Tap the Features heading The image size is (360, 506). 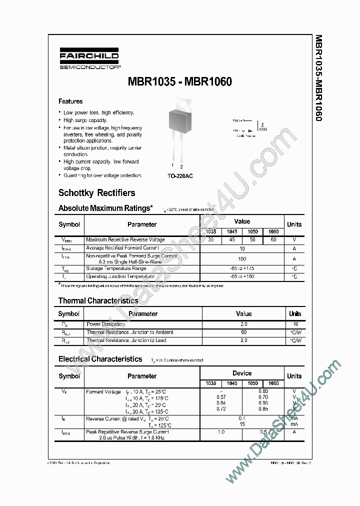(70, 101)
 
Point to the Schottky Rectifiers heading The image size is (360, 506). (96, 193)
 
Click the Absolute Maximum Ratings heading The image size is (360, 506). (105, 208)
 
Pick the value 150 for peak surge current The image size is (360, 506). (242, 259)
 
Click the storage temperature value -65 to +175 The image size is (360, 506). (242, 268)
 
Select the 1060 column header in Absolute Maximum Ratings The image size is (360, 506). (273, 232)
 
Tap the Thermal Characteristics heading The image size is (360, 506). (98, 300)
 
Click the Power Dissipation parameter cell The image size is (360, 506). (105, 324)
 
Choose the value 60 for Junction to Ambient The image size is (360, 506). (243, 332)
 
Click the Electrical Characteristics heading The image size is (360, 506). (100, 359)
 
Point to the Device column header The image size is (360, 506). (242, 373)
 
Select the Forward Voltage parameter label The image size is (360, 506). (103, 391)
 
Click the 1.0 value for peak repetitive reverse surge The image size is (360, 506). (221, 431)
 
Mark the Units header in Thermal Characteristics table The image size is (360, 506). (294, 314)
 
